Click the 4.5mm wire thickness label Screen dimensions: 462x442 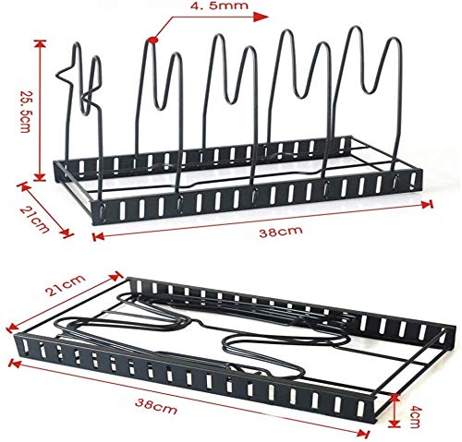click(x=219, y=6)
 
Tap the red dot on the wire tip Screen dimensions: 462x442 click(x=152, y=40)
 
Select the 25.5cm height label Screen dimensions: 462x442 click(x=25, y=112)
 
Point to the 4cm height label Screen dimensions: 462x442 click(x=415, y=417)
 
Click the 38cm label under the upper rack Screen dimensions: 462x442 click(x=281, y=231)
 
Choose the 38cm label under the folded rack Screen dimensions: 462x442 click(x=156, y=406)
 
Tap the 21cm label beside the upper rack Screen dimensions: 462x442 click(x=34, y=220)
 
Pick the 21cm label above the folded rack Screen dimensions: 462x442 click(x=65, y=285)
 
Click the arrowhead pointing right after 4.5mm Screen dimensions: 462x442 click(x=261, y=18)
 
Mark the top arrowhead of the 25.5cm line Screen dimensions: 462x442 click(x=40, y=44)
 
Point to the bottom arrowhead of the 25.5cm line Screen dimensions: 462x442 click(x=40, y=176)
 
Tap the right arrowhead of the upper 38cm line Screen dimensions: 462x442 click(x=428, y=204)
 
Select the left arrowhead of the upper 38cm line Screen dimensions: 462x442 click(x=98, y=236)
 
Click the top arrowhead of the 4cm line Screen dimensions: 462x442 click(x=395, y=399)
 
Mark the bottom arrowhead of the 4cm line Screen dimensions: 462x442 click(x=395, y=424)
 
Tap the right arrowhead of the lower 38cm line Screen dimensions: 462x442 click(x=364, y=434)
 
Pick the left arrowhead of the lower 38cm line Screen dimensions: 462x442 click(x=15, y=364)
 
